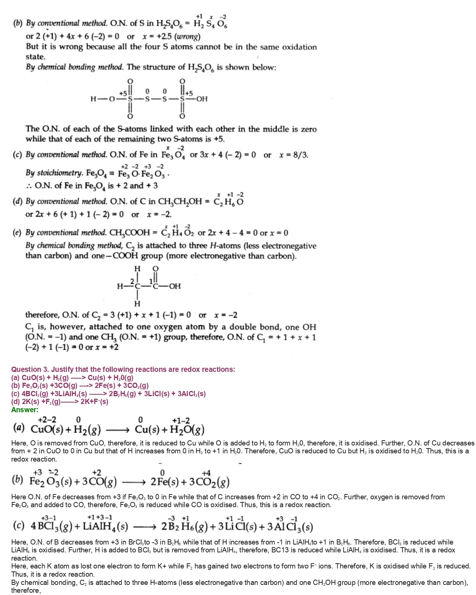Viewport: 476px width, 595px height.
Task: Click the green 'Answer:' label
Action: tap(25, 410)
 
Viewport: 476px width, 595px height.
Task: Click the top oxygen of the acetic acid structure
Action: tap(156, 269)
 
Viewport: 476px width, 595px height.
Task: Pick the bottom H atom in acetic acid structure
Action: tap(137, 303)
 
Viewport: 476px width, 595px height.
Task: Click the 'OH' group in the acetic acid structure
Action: tap(175, 286)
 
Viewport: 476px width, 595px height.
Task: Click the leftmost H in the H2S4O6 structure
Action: tap(93, 99)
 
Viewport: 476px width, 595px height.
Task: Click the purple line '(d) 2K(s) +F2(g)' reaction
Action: tap(60, 402)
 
